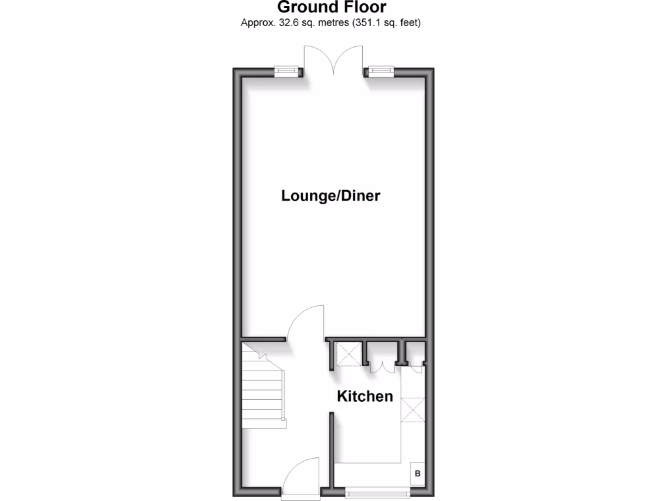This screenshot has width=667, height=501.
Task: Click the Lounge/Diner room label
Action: (x=330, y=196)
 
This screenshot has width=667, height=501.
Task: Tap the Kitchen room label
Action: (x=365, y=396)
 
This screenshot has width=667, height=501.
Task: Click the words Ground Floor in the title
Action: (x=332, y=8)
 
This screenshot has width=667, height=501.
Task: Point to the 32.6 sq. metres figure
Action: (x=295, y=23)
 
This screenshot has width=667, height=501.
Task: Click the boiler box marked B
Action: (x=418, y=474)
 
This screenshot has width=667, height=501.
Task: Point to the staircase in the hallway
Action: (x=263, y=385)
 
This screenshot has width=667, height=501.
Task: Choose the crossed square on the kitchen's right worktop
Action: (x=414, y=409)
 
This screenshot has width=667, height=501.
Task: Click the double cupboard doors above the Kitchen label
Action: (x=382, y=368)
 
